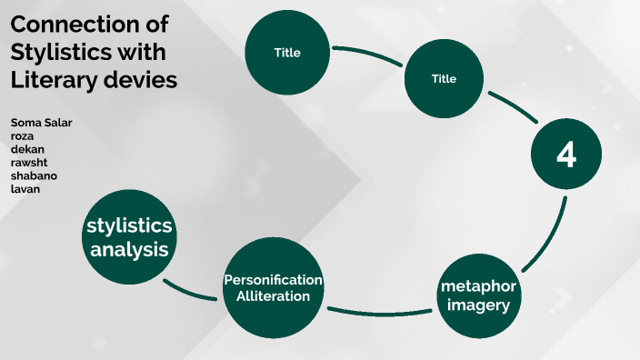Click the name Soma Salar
click(x=41, y=123)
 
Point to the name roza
click(x=22, y=136)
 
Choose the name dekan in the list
click(x=27, y=149)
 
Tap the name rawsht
click(x=29, y=163)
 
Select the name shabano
click(x=34, y=175)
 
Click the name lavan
click(x=25, y=189)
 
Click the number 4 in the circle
click(x=566, y=155)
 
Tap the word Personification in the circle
click(x=273, y=280)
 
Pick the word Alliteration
click(x=273, y=296)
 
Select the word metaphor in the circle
click(x=478, y=286)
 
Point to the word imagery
click(x=478, y=305)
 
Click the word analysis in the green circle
click(x=129, y=249)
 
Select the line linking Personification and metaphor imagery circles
click(x=380, y=314)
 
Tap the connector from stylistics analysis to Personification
click(x=188, y=293)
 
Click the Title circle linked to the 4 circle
click(x=444, y=79)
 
